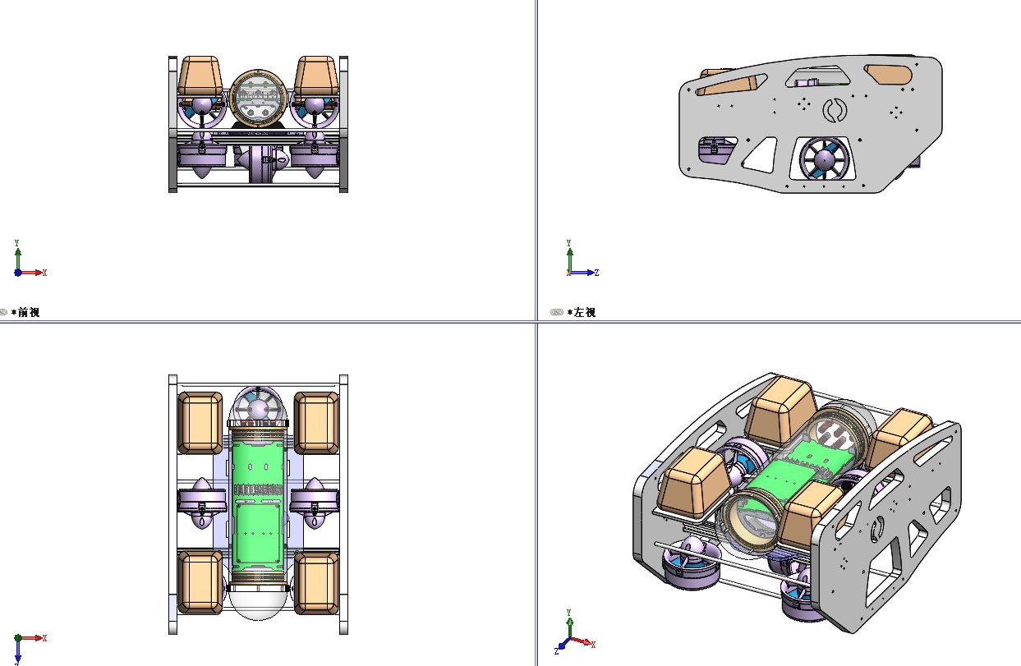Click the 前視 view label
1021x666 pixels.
click(29, 312)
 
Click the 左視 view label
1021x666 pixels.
click(585, 312)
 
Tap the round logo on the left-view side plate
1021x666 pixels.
click(835, 111)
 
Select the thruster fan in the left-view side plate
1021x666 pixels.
click(824, 159)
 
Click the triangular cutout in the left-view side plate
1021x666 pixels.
click(761, 155)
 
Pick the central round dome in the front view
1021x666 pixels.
click(259, 98)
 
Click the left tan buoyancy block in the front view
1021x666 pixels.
click(200, 76)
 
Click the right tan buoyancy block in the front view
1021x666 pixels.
click(316, 76)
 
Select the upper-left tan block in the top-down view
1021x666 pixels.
click(200, 423)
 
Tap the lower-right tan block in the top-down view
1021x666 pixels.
click(316, 583)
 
